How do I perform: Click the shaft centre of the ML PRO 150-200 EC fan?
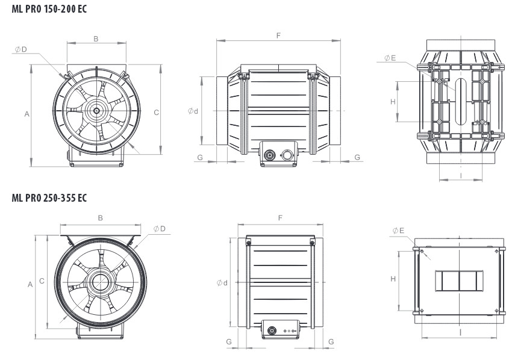pyautogui.click(x=96, y=111)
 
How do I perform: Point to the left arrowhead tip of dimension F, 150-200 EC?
pyautogui.click(x=216, y=41)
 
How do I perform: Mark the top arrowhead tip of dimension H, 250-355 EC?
pyautogui.click(x=399, y=252)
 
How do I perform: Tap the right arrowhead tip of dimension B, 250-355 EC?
pyautogui.click(x=140, y=225)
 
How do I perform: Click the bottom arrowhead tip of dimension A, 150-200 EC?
pyautogui.click(x=31, y=166)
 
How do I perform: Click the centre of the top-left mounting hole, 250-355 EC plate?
pyautogui.click(x=422, y=251)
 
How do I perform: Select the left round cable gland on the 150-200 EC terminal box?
pyautogui.click(x=270, y=155)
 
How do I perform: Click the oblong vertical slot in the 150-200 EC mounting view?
pyautogui.click(x=461, y=101)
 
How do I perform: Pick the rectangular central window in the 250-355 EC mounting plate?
pyautogui.click(x=459, y=281)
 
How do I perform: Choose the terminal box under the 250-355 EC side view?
pyautogui.click(x=281, y=329)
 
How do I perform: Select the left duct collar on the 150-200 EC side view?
pyautogui.click(x=222, y=111)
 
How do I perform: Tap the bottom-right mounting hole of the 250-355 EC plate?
pyautogui.click(x=496, y=311)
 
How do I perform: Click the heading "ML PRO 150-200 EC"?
pyautogui.click(x=49, y=9)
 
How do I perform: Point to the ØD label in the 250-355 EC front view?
pyautogui.click(x=159, y=229)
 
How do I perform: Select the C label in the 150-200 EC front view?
pyautogui.click(x=157, y=113)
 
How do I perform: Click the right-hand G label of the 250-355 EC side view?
pyautogui.click(x=331, y=341)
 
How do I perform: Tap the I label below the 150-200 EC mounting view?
pyautogui.click(x=461, y=176)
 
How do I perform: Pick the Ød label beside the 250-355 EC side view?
pyautogui.click(x=222, y=282)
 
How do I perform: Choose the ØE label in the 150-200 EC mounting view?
pyautogui.click(x=390, y=58)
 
